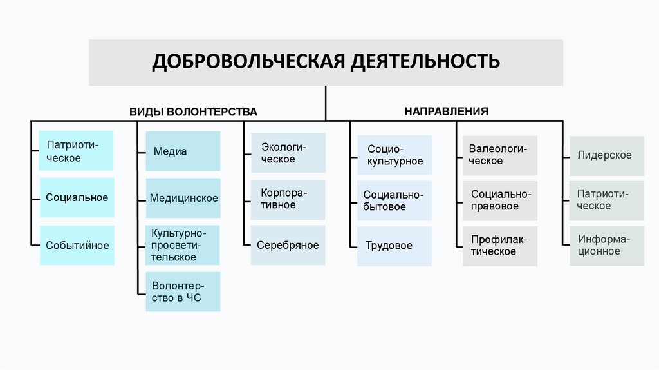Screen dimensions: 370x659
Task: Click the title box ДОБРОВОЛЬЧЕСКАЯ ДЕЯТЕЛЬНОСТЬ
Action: (x=326, y=63)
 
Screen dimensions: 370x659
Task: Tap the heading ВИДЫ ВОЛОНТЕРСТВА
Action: (x=193, y=112)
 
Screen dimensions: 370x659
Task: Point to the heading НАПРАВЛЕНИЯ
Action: (x=446, y=111)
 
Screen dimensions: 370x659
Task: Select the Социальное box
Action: (x=77, y=198)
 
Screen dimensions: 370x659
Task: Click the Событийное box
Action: (x=77, y=245)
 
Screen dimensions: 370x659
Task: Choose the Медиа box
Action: (x=183, y=151)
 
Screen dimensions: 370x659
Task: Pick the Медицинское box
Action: (x=183, y=199)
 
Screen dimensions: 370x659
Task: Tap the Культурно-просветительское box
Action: (x=183, y=245)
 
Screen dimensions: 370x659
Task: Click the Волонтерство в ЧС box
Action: (x=183, y=292)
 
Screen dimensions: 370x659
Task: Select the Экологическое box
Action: (x=288, y=153)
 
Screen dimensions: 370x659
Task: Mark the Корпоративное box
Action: (x=288, y=199)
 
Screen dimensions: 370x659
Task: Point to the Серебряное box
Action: (x=288, y=245)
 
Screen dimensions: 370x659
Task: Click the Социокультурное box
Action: (x=394, y=155)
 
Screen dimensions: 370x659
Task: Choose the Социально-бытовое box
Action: (x=394, y=200)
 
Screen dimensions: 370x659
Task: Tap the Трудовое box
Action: (x=394, y=246)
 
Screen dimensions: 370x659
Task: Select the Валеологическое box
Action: (x=500, y=155)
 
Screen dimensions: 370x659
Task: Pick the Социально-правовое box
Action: (x=500, y=200)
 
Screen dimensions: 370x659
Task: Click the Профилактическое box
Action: (x=500, y=246)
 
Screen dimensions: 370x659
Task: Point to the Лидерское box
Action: (x=606, y=155)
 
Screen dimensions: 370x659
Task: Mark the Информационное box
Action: (x=606, y=246)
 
